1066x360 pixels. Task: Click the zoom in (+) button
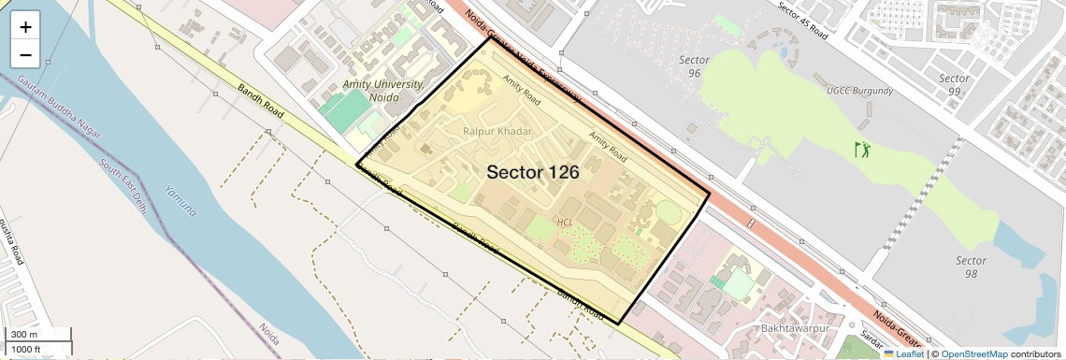[x=25, y=27]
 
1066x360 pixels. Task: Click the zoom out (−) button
[x=25, y=55]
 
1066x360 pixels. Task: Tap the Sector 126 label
[x=532, y=172]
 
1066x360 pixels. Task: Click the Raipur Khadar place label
[x=497, y=132]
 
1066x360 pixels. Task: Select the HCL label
[x=565, y=223]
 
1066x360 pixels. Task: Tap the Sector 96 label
[x=693, y=66]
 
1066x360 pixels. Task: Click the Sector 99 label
[x=954, y=84]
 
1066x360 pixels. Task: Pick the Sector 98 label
[x=972, y=266]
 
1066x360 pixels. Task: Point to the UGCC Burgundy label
[x=859, y=92]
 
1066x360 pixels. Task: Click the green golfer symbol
[x=861, y=149]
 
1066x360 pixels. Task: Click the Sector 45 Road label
[x=803, y=20]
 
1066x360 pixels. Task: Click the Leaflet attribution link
[x=903, y=353]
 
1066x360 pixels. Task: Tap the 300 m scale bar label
[x=23, y=335]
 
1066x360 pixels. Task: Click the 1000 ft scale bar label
[x=26, y=349]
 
